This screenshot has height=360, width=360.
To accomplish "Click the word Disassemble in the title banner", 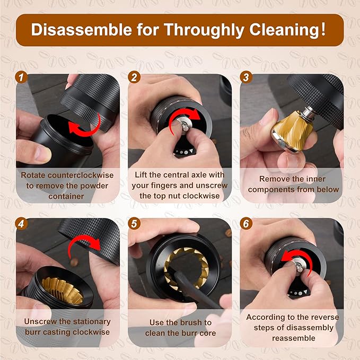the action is pyautogui.click(x=82, y=30).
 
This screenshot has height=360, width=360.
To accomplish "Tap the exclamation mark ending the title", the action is pyautogui.click(x=323, y=29).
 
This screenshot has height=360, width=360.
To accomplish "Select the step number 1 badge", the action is pyautogui.click(x=21, y=77).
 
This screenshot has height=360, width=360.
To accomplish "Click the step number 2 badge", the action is pyautogui.click(x=134, y=77).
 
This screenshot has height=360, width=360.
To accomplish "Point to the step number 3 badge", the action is pyautogui.click(x=247, y=77).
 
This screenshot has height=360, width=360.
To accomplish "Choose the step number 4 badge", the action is pyautogui.click(x=21, y=224).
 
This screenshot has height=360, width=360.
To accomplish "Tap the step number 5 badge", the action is pyautogui.click(x=134, y=224).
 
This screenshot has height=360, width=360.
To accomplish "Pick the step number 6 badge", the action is pyautogui.click(x=247, y=224).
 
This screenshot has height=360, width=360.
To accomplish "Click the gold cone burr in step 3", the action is pyautogui.click(x=292, y=130).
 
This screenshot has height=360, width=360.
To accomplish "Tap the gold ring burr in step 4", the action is pyautogui.click(x=63, y=289).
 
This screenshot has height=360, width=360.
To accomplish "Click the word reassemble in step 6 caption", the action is pyautogui.click(x=294, y=338).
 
